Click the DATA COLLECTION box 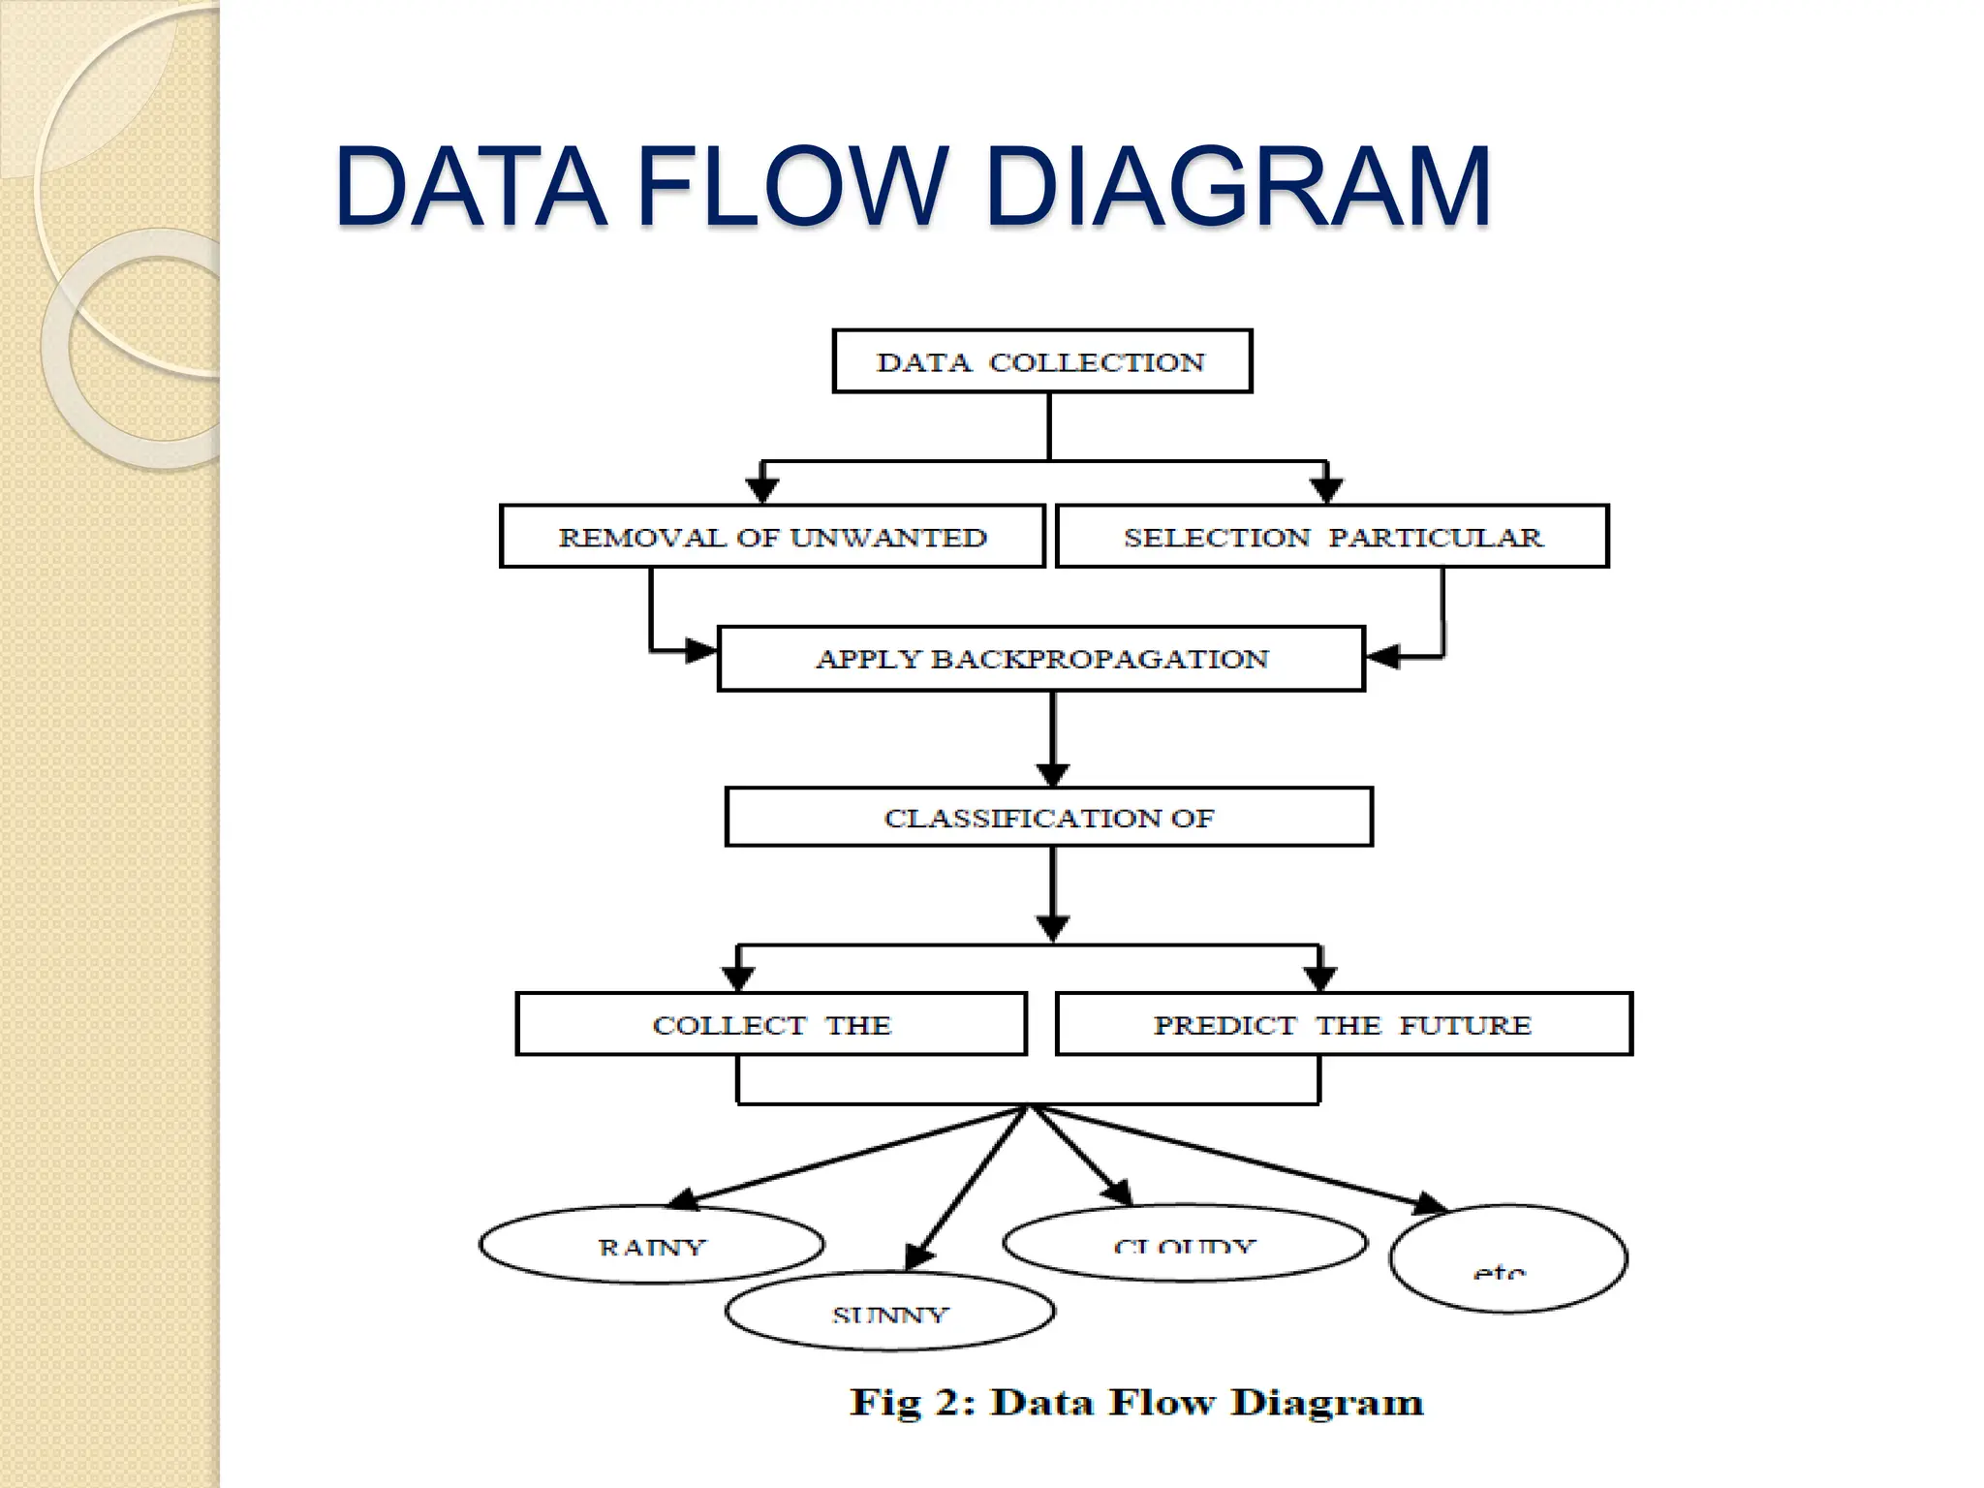coord(1041,361)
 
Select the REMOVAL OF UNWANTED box coord(772,537)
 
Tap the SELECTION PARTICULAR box coord(1331,537)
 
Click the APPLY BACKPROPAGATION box coord(1041,659)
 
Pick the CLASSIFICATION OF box coord(1048,818)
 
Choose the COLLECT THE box coord(771,1024)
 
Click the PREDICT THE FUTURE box coord(1343,1024)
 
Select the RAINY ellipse coord(652,1245)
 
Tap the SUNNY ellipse coord(889,1312)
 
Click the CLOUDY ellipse coord(1185,1243)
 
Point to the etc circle coord(1507,1259)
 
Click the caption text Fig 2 coord(911,1403)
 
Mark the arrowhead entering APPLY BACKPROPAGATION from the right coord(1381,657)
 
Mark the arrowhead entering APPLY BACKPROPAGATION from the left coord(699,651)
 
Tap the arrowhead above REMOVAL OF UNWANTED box coord(763,489)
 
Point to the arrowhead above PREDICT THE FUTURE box coord(1319,976)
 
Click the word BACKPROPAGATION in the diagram coord(1100,659)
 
